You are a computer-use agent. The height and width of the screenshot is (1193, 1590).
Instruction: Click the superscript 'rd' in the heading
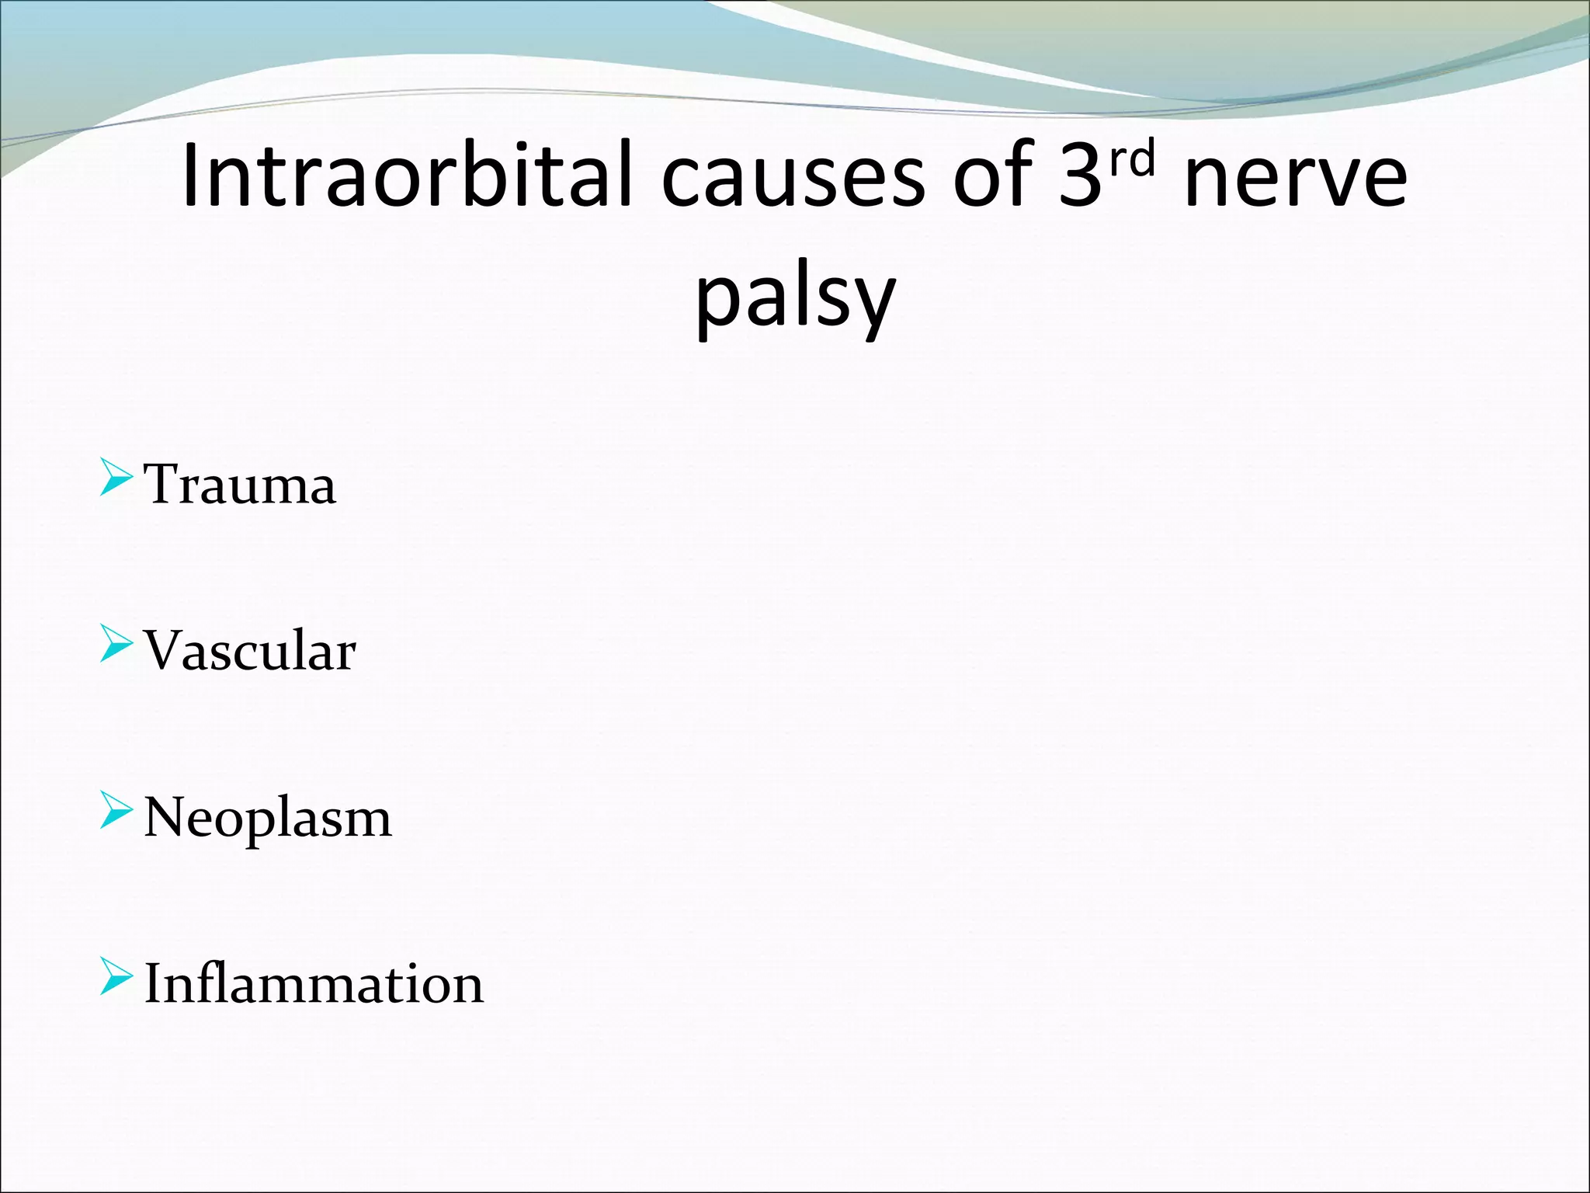pos(1132,158)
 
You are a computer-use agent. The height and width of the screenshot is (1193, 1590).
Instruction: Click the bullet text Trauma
pos(240,485)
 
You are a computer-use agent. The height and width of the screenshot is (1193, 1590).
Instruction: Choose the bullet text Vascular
pos(250,650)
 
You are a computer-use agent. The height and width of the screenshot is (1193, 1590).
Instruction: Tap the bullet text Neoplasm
pos(268,818)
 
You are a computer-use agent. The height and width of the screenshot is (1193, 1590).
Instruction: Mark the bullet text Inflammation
pos(314,984)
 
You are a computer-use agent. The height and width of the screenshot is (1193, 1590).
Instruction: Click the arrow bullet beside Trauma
pos(116,477)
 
